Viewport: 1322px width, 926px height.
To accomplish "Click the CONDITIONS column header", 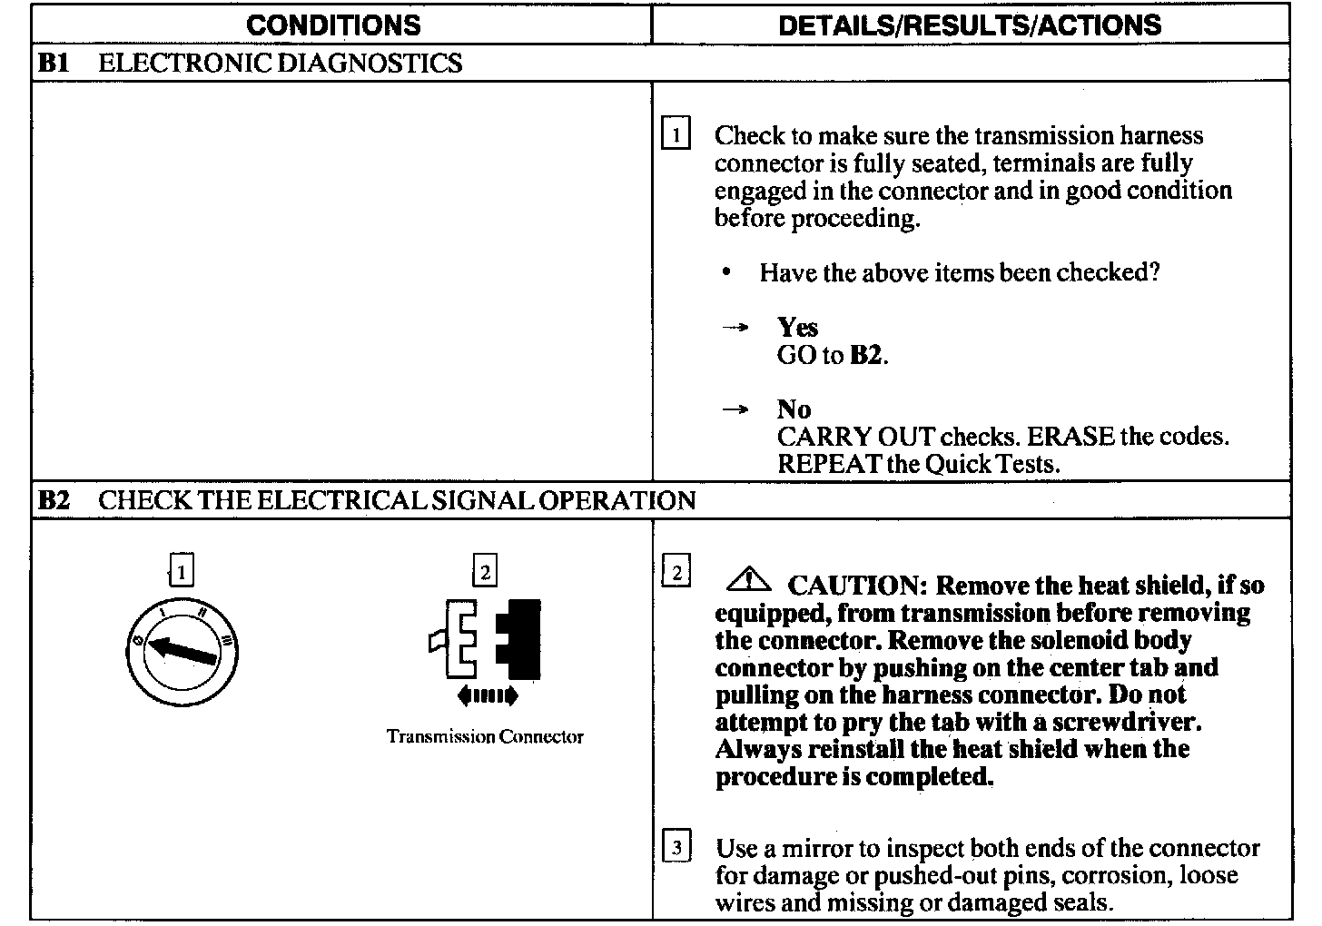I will (333, 25).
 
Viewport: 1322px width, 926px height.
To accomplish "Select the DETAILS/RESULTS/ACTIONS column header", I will (970, 25).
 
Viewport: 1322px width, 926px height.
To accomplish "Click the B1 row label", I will (54, 63).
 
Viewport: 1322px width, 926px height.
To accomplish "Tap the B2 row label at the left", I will (54, 500).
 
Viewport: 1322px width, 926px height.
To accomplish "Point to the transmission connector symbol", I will (486, 639).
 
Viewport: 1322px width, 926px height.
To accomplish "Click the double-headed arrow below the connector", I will (488, 697).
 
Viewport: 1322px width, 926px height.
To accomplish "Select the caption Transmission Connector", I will (485, 736).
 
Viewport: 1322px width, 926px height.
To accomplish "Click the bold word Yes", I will (797, 327).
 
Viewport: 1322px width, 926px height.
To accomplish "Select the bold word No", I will (794, 409).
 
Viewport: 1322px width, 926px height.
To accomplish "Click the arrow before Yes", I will (735, 328).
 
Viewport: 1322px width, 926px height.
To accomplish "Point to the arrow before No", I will (735, 410).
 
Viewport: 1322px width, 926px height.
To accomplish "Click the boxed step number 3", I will (676, 848).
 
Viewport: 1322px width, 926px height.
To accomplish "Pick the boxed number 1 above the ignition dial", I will (182, 572).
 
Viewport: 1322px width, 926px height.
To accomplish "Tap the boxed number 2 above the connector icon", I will (486, 572).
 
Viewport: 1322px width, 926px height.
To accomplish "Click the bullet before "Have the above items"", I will (726, 272).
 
